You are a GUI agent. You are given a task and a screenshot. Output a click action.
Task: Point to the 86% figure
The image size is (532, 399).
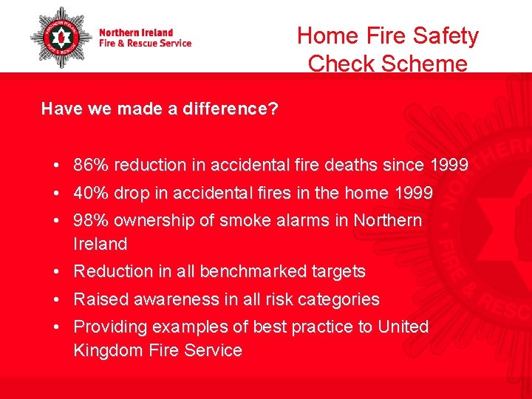coord(89,166)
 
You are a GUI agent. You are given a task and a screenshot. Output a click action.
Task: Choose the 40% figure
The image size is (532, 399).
coord(89,193)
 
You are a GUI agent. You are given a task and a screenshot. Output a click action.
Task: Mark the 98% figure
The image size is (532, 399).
coord(89,220)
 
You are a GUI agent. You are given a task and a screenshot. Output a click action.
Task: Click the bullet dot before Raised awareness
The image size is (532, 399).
coord(56,299)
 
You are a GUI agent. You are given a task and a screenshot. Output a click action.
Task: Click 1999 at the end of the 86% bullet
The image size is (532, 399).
coord(446,166)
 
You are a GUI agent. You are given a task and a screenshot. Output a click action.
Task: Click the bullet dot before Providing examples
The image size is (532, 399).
coord(56,327)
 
